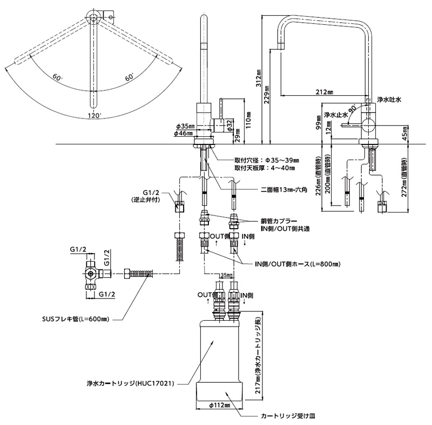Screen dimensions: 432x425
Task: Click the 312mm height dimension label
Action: pos(259,78)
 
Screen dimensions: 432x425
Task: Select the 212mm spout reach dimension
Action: pos(325,92)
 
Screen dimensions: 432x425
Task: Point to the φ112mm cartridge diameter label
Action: pos(220,406)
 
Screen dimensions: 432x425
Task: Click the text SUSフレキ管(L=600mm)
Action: pos(76,320)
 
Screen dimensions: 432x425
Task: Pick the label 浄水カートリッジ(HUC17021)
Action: pos(130,383)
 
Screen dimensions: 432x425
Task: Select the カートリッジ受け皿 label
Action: pos(288,416)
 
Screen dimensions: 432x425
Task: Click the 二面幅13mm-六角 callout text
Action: pos(284,189)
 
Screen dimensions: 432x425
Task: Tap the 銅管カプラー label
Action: pos(279,221)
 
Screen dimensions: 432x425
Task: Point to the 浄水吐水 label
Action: pos(389,99)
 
